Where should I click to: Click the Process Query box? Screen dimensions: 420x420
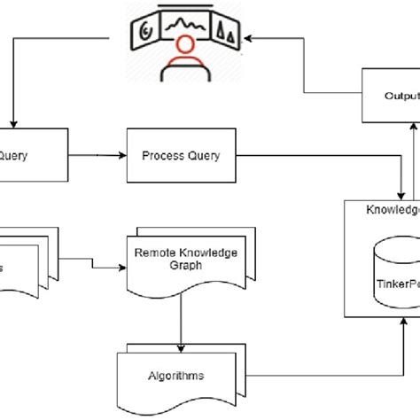pyautogui.click(x=180, y=157)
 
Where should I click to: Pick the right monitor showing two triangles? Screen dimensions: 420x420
pyautogui.click(x=229, y=34)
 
